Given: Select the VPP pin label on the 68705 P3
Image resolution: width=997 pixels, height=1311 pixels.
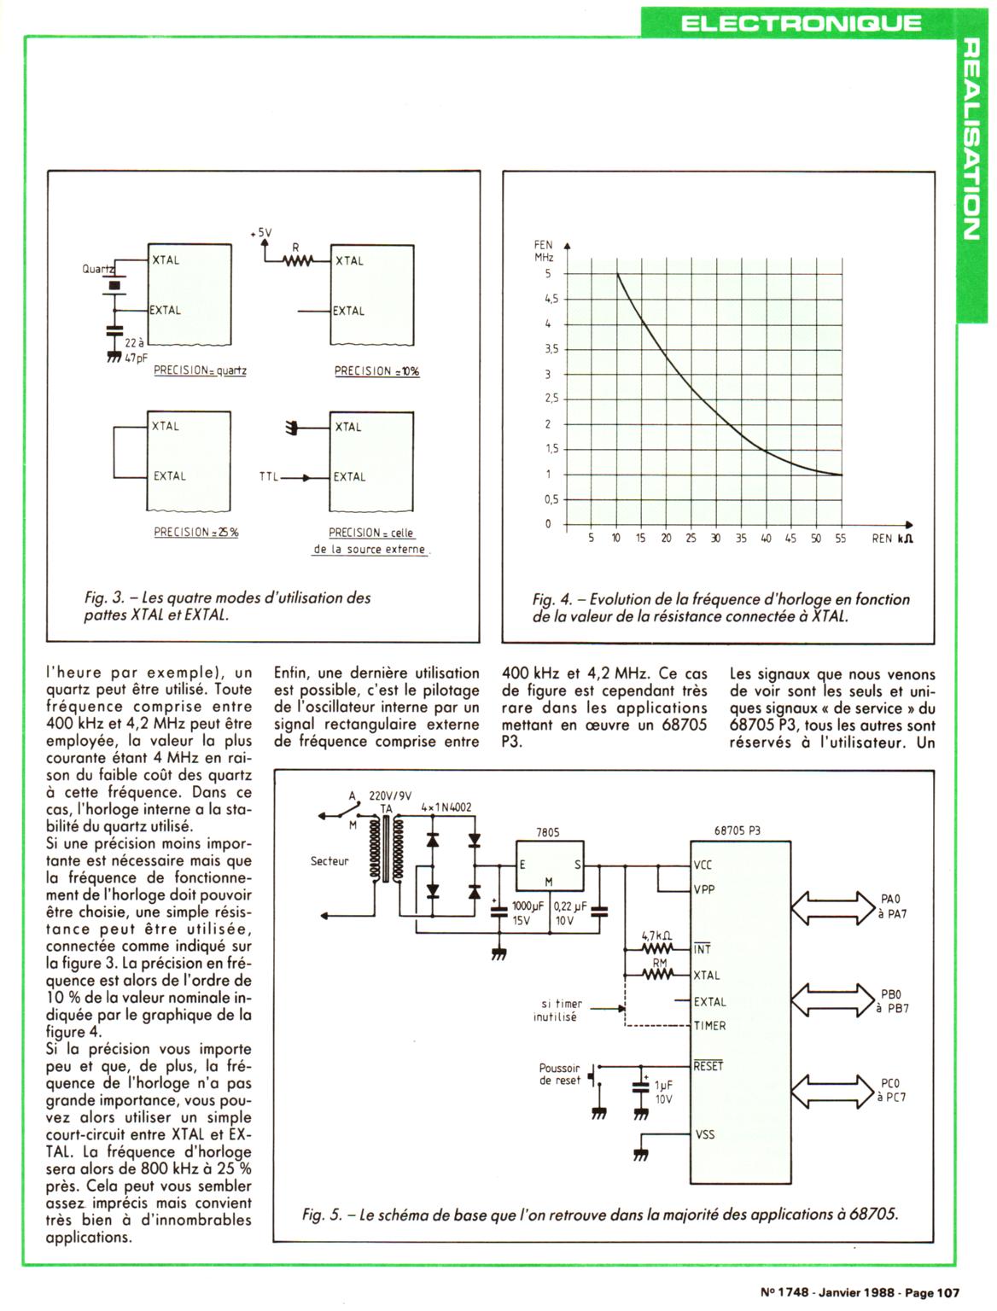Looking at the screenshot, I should click(705, 889).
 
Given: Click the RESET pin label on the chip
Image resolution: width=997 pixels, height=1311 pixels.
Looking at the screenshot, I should click(708, 1066).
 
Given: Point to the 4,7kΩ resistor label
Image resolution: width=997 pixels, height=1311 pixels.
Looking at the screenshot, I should click(656, 936).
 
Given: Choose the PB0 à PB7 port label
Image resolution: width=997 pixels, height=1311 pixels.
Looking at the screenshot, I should click(890, 1001).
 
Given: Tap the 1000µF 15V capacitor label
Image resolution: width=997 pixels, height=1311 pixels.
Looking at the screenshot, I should click(522, 913).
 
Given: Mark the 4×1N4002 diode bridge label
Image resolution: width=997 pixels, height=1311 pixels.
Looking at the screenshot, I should click(446, 807).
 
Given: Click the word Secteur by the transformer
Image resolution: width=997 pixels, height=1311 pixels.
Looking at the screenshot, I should click(329, 861).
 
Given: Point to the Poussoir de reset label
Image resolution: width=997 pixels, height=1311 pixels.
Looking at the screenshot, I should click(559, 1074).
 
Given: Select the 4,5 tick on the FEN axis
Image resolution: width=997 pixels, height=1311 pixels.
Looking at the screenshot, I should click(551, 299).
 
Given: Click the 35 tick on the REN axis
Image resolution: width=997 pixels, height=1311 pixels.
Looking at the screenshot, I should click(741, 539).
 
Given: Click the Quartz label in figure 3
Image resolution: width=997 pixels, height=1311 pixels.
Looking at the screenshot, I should click(96, 268).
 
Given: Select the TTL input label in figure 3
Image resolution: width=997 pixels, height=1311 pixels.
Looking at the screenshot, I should click(269, 477).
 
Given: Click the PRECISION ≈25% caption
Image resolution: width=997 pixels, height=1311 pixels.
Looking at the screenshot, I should click(196, 532).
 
